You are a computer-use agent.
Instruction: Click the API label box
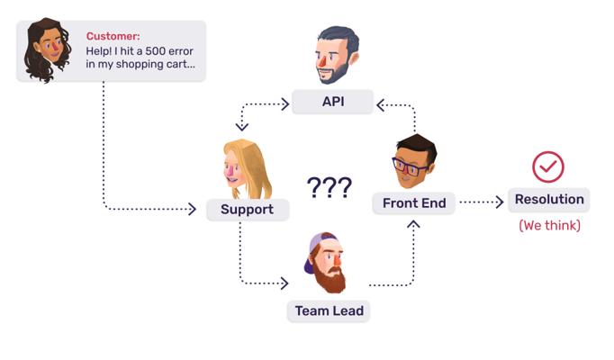(333, 102)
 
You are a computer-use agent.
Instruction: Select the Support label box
(247, 210)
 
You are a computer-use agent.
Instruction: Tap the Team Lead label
(330, 311)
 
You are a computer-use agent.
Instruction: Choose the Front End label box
(414, 203)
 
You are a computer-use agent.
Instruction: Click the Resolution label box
(549, 200)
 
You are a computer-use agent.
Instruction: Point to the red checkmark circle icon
(548, 166)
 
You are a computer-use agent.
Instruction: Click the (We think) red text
(549, 226)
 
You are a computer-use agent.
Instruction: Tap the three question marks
(329, 187)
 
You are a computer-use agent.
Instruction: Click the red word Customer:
(113, 36)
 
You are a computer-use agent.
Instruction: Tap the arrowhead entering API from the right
(381, 105)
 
